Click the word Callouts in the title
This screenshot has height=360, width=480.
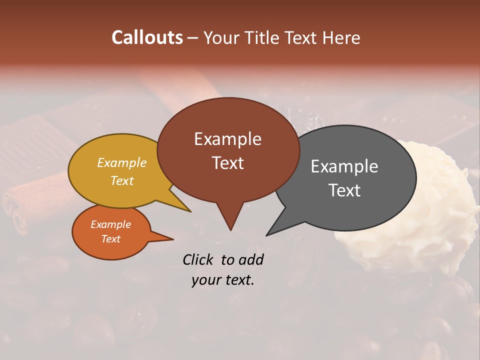(147, 37)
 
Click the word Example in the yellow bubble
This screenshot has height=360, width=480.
(122, 162)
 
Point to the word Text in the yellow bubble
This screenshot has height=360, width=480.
(122, 180)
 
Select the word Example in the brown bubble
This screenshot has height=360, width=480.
(227, 139)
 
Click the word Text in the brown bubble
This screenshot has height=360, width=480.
(227, 163)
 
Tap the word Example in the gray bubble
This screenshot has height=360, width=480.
(344, 166)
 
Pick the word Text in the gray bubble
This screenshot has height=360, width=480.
(344, 190)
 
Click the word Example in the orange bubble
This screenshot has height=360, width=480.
(111, 224)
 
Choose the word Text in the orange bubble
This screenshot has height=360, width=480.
(111, 239)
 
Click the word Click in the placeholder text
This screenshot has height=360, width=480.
(198, 259)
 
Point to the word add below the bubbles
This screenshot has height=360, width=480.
(251, 259)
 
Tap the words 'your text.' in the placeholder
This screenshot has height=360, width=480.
(223, 280)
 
